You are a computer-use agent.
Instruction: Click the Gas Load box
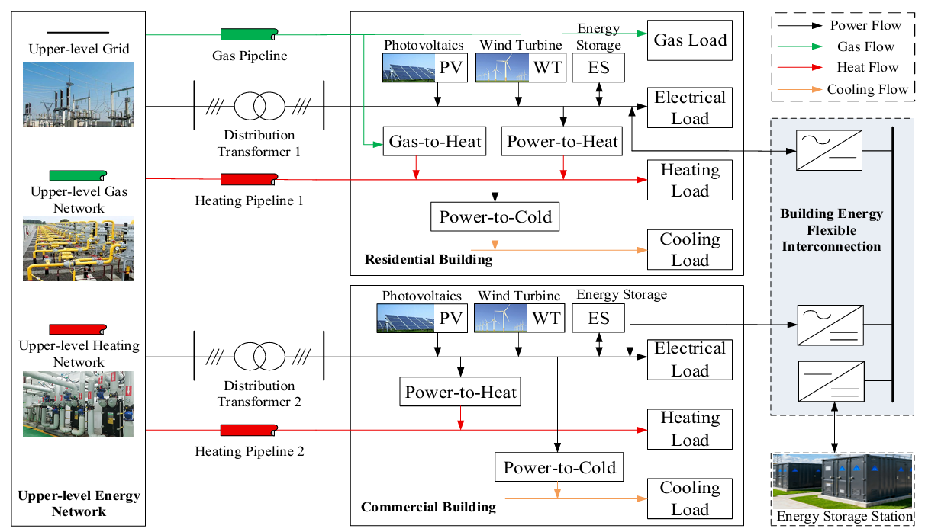click(690, 40)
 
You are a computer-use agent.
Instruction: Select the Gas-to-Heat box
click(435, 141)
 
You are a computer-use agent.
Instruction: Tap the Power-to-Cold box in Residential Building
click(495, 216)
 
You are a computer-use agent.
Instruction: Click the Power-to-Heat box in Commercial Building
click(460, 393)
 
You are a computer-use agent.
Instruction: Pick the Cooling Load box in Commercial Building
click(690, 498)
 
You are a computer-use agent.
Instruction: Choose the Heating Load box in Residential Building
click(690, 180)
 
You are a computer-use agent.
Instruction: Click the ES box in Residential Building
click(598, 68)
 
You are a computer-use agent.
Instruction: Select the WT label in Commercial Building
click(546, 318)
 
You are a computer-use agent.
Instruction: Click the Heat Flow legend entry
click(847, 68)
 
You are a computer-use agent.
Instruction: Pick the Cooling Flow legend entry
click(847, 89)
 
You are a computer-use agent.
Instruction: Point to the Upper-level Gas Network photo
click(78, 249)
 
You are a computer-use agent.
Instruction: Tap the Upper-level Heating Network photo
click(78, 403)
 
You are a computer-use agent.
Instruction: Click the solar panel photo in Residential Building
click(409, 68)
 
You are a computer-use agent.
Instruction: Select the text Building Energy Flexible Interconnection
click(831, 230)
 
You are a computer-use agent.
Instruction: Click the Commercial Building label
click(428, 507)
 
